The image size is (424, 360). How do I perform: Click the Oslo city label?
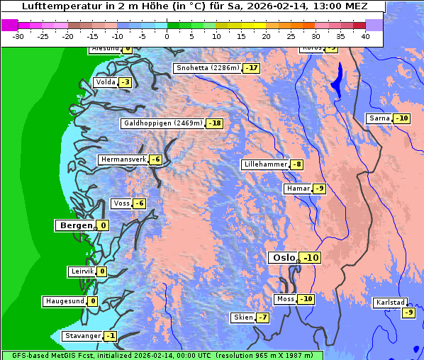click(283, 258)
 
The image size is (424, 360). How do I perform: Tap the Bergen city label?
click(74, 225)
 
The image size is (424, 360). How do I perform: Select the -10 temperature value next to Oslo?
click(311, 258)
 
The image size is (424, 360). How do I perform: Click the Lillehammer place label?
click(265, 164)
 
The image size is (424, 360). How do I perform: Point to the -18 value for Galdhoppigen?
click(215, 123)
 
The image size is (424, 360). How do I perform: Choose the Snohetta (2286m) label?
click(207, 68)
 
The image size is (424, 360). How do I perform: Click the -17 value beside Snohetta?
click(251, 68)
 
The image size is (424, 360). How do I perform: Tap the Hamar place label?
click(297, 189)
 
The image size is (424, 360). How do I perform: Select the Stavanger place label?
click(82, 336)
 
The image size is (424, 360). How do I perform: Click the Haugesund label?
click(65, 301)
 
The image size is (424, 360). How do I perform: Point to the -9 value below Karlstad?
click(408, 313)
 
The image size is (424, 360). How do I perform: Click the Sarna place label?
click(379, 118)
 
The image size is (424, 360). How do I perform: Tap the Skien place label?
click(242, 317)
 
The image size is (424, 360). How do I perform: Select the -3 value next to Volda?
click(125, 82)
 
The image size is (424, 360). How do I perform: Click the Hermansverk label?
click(123, 159)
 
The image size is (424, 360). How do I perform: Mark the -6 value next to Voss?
click(139, 204)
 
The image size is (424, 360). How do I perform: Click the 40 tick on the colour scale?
click(365, 36)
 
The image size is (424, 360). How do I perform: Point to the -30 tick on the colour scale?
click(18, 36)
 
